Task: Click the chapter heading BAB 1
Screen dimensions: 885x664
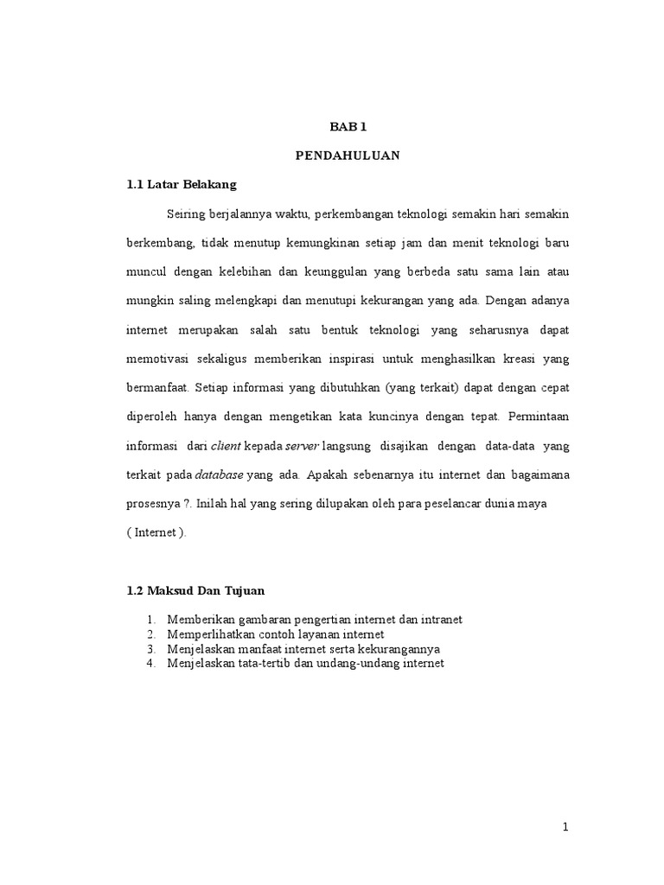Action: click(348, 126)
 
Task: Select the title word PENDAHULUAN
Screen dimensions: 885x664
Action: click(348, 156)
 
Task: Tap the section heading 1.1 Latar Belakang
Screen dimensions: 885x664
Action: click(182, 185)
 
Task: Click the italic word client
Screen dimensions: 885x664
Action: click(227, 446)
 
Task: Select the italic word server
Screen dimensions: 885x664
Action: click(302, 446)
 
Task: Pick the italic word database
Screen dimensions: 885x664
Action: click(220, 474)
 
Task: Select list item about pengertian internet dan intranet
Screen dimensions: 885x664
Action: click(315, 620)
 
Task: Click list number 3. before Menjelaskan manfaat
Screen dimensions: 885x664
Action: click(150, 649)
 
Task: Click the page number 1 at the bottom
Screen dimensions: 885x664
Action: click(565, 828)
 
